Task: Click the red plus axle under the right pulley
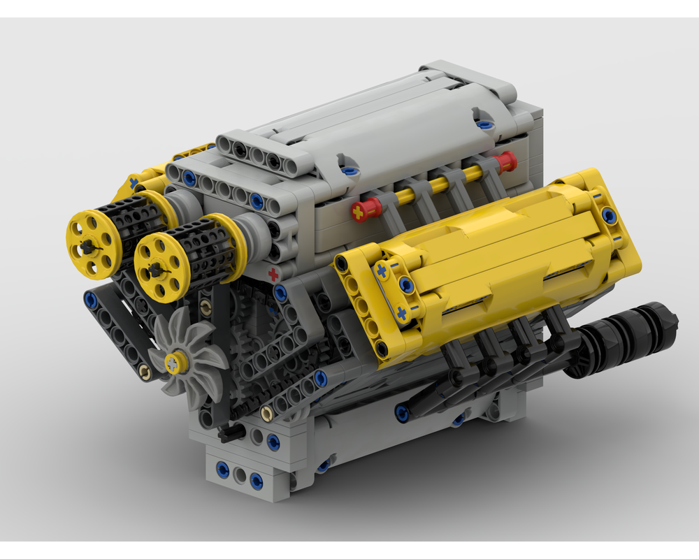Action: [x=273, y=273]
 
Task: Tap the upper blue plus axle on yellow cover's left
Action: [x=381, y=269]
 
